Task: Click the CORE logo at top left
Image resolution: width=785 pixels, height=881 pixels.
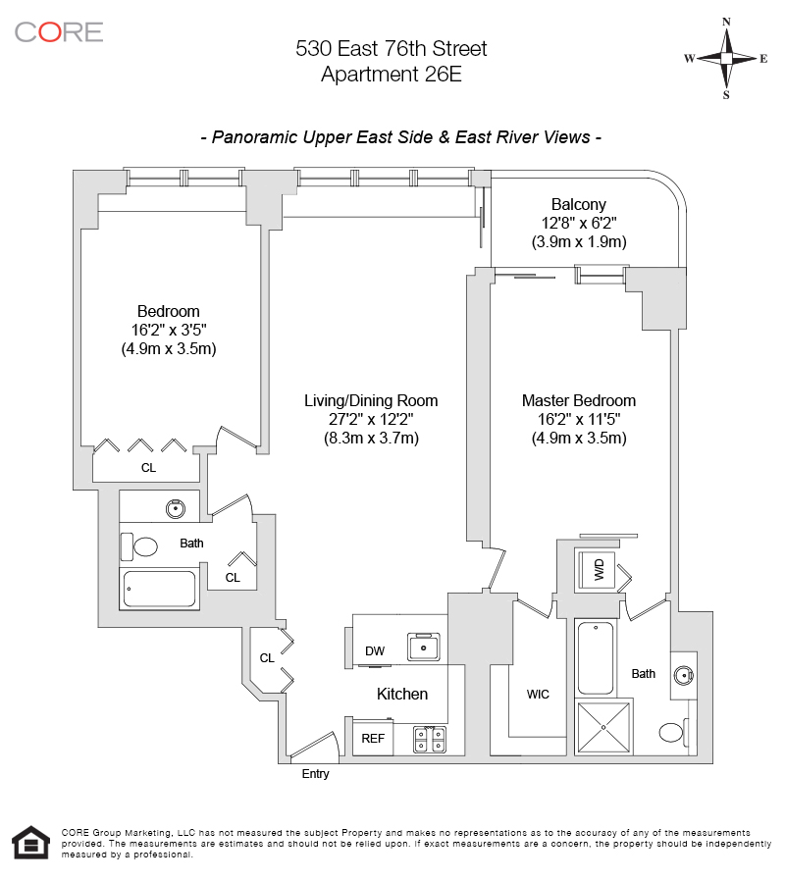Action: click(x=59, y=31)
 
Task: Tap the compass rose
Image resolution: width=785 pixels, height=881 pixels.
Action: click(x=726, y=58)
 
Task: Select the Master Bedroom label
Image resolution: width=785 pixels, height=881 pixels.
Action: click(x=578, y=400)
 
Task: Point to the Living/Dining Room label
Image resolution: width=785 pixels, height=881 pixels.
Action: click(x=371, y=400)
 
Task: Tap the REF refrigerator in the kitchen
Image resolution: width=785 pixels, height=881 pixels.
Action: click(x=373, y=739)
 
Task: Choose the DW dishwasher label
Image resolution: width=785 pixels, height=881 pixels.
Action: click(x=374, y=650)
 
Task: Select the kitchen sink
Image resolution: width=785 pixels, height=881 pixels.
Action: click(x=425, y=648)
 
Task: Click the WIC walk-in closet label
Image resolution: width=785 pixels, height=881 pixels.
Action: click(x=538, y=695)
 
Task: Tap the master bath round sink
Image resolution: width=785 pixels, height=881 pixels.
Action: click(x=686, y=674)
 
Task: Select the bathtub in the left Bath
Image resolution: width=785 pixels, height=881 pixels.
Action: click(x=159, y=590)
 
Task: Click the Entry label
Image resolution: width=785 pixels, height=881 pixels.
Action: click(x=316, y=774)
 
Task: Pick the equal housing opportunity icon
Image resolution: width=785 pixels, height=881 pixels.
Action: click(x=30, y=843)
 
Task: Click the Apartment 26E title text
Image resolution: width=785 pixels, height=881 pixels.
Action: click(x=392, y=74)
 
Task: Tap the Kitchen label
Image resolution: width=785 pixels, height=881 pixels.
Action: click(x=402, y=694)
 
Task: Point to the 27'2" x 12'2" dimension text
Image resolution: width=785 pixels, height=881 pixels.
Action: click(x=371, y=420)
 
